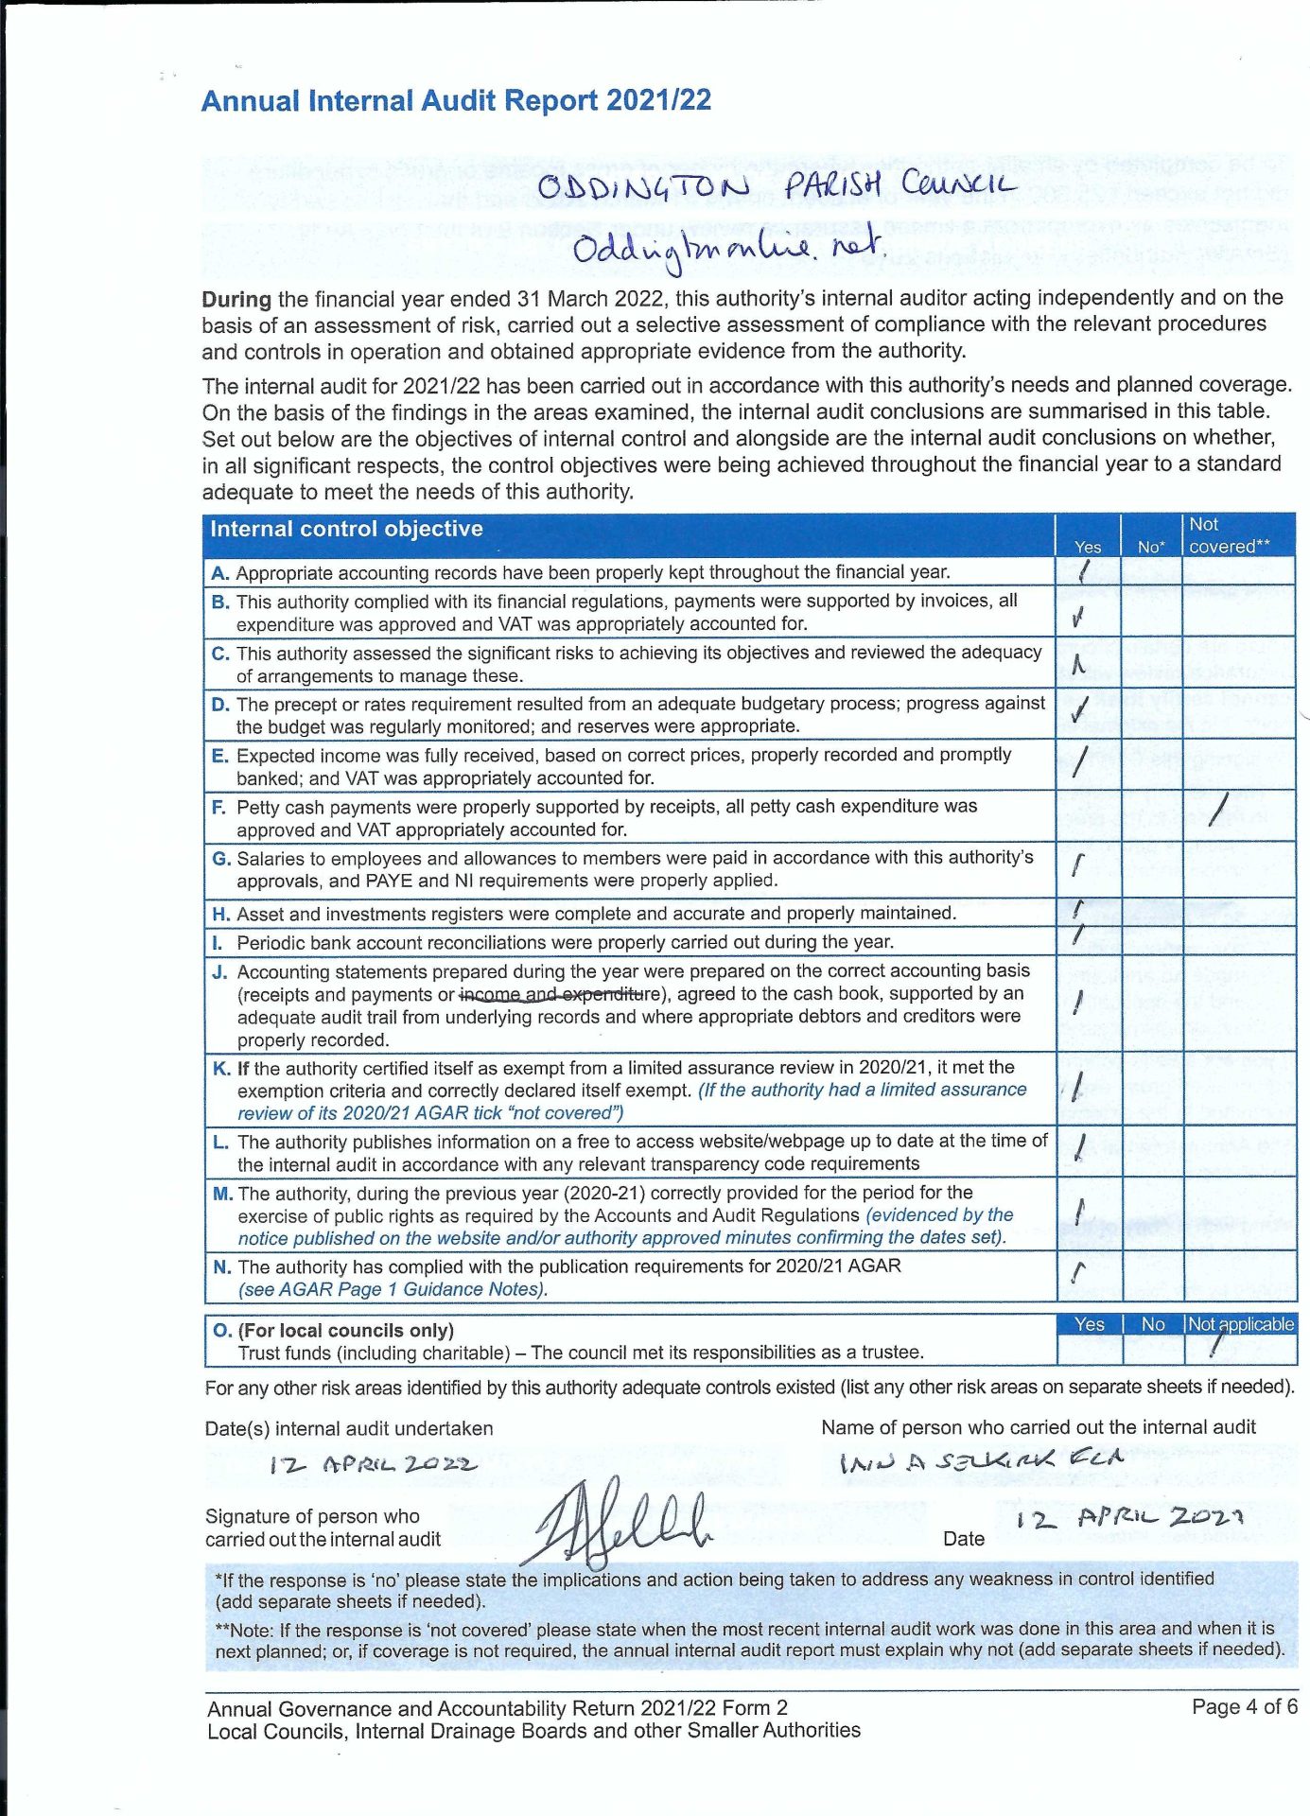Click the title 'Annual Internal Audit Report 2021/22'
click(456, 100)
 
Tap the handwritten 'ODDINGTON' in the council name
click(643, 186)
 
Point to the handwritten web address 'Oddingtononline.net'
click(728, 249)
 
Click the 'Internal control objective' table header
click(346, 529)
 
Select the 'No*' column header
click(1150, 547)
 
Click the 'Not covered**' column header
click(1229, 535)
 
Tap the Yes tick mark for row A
click(1085, 570)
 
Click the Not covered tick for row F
click(1220, 809)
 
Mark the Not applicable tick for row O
click(1217, 1344)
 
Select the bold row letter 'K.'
click(221, 1069)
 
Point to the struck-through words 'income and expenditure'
click(558, 994)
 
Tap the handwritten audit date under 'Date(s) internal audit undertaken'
click(374, 1465)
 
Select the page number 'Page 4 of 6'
click(1244, 1707)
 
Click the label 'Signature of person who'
click(312, 1516)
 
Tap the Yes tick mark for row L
click(1080, 1148)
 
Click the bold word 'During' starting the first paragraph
click(236, 300)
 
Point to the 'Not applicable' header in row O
click(1240, 1324)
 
